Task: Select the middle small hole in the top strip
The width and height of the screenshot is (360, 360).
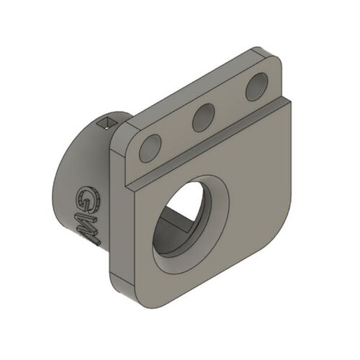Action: coord(204,117)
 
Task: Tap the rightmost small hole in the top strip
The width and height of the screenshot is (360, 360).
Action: coord(256,88)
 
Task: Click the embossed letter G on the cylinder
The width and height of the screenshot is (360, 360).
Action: coord(87,199)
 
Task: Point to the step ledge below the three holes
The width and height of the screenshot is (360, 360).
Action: coord(209,144)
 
